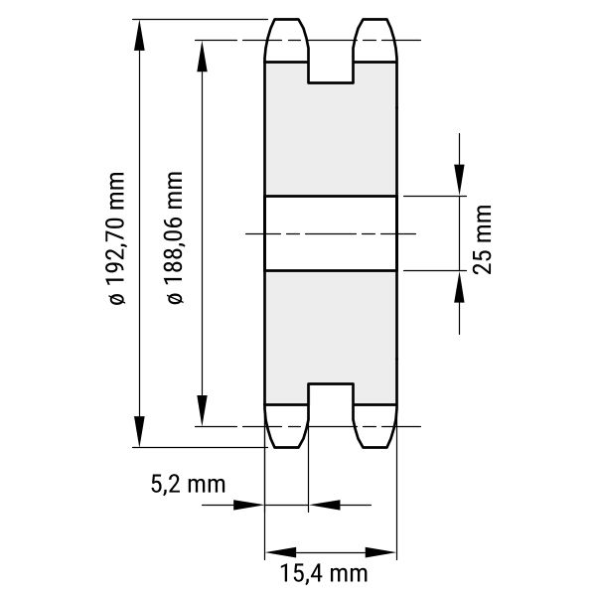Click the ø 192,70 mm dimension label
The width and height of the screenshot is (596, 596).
coord(116,238)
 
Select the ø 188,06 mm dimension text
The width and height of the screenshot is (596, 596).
coord(175,238)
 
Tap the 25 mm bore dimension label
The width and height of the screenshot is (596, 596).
coord(483,239)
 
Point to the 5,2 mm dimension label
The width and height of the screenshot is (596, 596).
coord(188,485)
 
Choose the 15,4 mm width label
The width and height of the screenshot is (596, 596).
coord(324,573)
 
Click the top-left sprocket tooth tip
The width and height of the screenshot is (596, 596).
coord(287,19)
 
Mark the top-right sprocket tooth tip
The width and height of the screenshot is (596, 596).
coord(375,19)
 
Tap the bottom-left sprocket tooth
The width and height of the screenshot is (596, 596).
coord(287,426)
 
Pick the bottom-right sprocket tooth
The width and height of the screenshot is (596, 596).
coord(375,426)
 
